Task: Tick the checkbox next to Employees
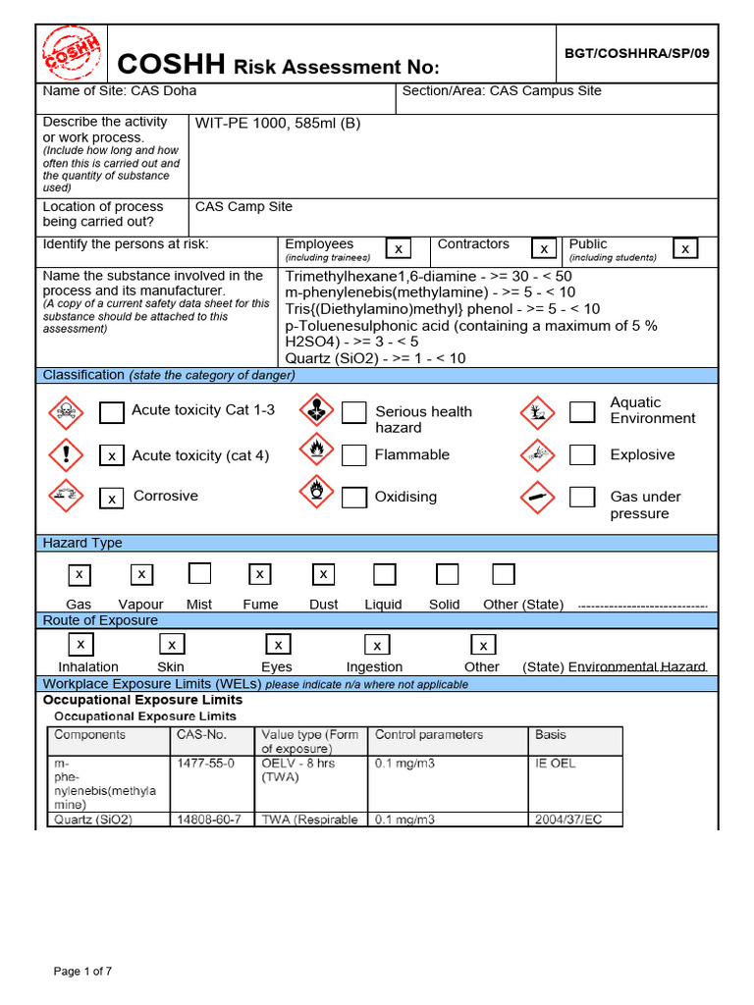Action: click(x=398, y=249)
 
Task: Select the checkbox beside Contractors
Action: click(x=544, y=249)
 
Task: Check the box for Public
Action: click(x=685, y=249)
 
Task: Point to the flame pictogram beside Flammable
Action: click(x=316, y=454)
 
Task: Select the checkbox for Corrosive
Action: click(x=112, y=499)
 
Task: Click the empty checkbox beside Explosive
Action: click(x=583, y=454)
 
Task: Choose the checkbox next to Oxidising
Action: click(x=354, y=497)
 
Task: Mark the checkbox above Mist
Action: click(x=199, y=573)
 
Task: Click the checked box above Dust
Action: click(x=324, y=574)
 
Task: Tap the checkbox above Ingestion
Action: click(x=376, y=645)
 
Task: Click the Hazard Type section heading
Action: click(x=82, y=543)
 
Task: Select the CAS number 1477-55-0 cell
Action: click(x=205, y=764)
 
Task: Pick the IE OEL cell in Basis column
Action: click(x=556, y=764)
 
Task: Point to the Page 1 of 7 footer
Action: click(x=82, y=972)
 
